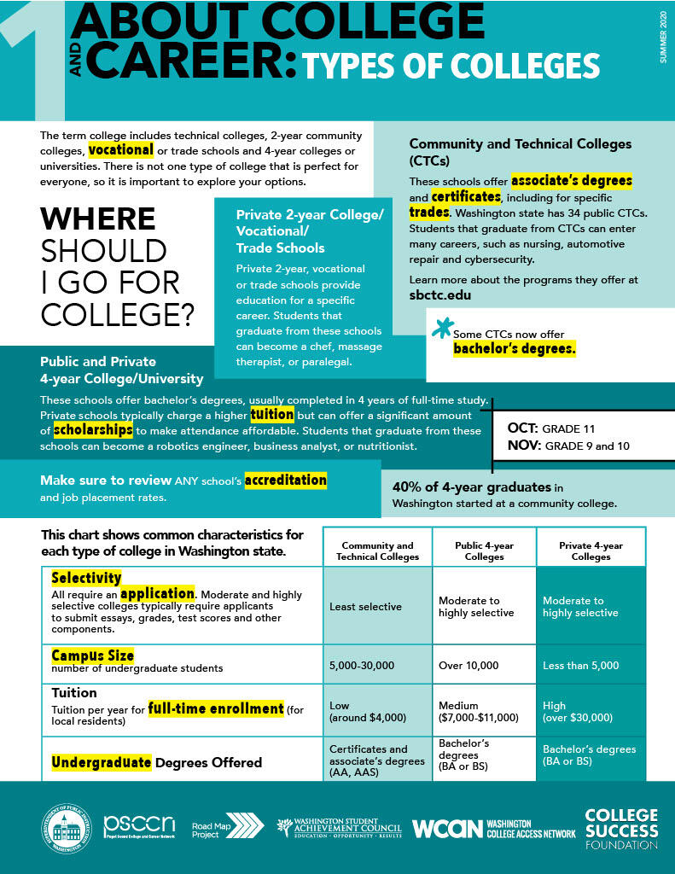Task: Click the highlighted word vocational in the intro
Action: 120,150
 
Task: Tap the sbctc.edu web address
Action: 440,295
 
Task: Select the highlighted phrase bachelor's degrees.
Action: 515,349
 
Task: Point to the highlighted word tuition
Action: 271,415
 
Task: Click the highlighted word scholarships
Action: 93,429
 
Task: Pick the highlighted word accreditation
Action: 285,481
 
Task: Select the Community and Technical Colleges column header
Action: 377,551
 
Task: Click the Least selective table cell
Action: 365,607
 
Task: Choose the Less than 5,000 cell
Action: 581,665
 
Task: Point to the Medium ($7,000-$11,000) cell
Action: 478,712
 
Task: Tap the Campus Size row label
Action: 93,655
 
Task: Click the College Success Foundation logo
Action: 621,829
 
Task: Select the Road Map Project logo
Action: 227,827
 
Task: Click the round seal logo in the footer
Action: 66,827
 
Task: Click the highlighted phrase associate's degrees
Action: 572,181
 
